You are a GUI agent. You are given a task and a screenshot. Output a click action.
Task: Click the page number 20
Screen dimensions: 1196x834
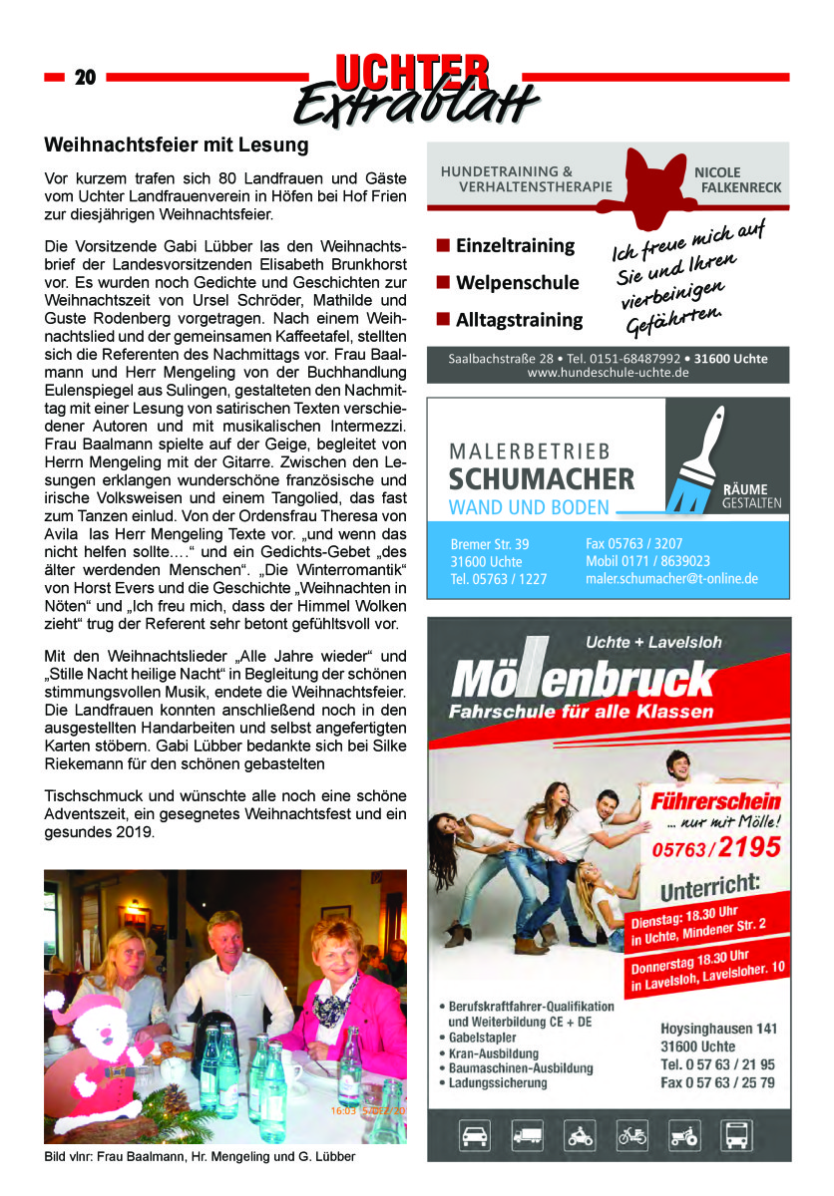(85, 78)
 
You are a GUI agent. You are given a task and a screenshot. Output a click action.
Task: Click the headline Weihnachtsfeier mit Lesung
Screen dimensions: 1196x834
(177, 146)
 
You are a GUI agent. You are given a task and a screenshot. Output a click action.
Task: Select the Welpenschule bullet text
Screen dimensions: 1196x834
(517, 282)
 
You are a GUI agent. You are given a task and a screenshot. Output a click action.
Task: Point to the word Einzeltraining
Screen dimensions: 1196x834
(515, 245)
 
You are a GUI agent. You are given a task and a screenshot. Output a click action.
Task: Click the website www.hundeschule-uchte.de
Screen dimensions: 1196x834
(608, 373)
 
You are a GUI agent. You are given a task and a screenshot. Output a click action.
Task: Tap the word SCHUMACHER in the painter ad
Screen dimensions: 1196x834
(541, 478)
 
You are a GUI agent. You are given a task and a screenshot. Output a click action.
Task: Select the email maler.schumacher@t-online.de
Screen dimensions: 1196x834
(671, 578)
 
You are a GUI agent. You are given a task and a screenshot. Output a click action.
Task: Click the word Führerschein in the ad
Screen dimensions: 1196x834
(714, 800)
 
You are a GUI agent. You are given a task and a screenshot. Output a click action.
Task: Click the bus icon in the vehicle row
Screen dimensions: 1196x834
(740, 1134)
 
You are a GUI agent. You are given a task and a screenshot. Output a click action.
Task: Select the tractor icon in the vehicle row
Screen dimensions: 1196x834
(684, 1134)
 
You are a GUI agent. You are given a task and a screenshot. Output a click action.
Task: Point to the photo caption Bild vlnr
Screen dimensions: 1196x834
(199, 1156)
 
